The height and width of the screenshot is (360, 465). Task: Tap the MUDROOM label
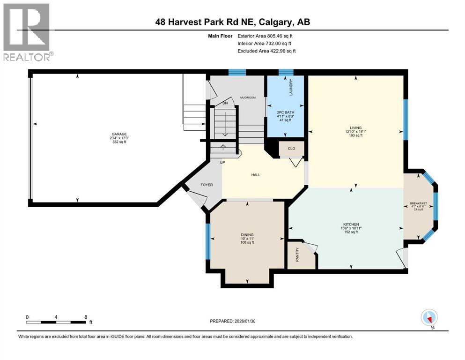click(x=248, y=97)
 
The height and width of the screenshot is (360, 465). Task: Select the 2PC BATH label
click(x=285, y=112)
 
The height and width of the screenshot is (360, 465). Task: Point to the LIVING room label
click(x=355, y=127)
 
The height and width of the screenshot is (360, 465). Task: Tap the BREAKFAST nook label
click(x=418, y=203)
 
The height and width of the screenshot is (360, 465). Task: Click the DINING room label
click(x=247, y=234)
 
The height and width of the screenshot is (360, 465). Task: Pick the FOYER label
click(x=207, y=185)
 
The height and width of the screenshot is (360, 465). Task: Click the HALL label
click(x=255, y=175)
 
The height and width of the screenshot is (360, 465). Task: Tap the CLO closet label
click(x=291, y=149)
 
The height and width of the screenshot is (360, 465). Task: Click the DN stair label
click(x=225, y=103)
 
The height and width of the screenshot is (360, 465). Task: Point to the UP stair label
click(x=223, y=162)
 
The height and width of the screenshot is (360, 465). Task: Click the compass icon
click(x=429, y=318)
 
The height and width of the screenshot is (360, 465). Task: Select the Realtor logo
click(x=27, y=32)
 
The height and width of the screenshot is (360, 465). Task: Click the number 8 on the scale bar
click(x=85, y=317)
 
